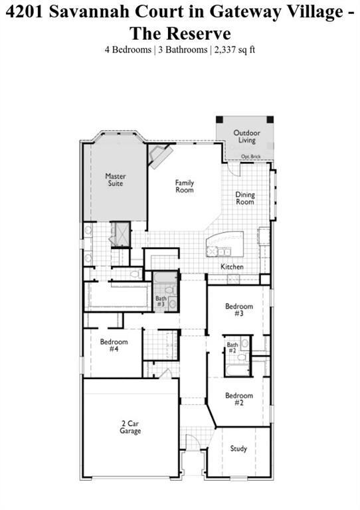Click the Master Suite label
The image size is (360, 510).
click(x=116, y=180)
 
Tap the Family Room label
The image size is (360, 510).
click(x=185, y=186)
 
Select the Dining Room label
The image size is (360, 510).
click(x=245, y=198)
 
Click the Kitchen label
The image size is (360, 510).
click(x=232, y=267)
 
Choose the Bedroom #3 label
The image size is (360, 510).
click(x=238, y=309)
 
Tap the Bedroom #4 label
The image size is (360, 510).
click(x=114, y=345)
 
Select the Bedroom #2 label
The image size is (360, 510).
click(x=238, y=399)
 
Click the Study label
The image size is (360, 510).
click(x=238, y=449)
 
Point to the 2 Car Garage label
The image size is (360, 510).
click(x=130, y=427)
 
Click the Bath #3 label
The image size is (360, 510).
click(x=161, y=301)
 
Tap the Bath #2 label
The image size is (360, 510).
click(x=232, y=347)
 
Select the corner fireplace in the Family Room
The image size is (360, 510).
click(x=160, y=156)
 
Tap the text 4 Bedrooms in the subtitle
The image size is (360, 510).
click(x=128, y=49)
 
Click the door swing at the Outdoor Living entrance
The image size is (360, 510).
click(x=234, y=166)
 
